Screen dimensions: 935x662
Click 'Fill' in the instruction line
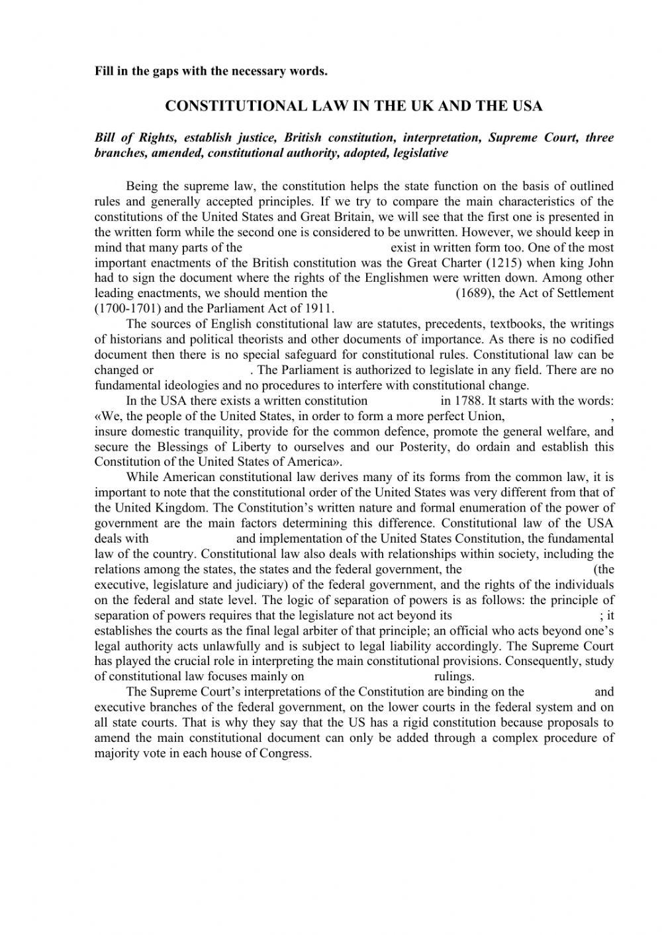105,71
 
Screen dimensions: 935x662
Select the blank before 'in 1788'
403,400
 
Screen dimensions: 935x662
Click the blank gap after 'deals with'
192,539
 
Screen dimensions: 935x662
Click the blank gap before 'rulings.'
369,676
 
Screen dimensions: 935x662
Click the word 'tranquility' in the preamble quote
187,431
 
